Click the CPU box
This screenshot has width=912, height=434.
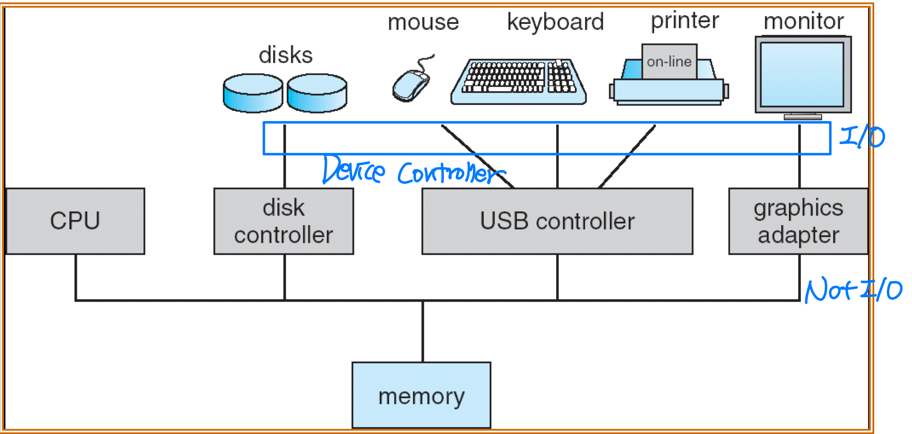75,221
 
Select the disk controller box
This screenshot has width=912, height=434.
284,221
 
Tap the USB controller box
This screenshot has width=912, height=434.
557,221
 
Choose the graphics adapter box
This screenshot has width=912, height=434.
798,221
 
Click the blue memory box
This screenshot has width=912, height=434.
421,395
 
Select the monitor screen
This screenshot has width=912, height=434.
803,74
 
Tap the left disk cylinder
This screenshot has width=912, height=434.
253,93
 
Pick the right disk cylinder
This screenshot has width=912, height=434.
317,93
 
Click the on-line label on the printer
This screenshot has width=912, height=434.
669,62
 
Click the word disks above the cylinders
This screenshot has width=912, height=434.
286,55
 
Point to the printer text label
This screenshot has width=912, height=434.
685,20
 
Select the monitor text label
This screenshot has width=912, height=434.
803,21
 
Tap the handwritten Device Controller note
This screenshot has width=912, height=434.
413,171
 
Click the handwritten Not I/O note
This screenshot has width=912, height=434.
853,290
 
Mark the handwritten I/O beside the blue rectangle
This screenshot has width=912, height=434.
862,137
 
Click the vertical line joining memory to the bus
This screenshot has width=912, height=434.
423,331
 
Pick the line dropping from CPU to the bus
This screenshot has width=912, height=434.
76,277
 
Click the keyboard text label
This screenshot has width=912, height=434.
555,22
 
